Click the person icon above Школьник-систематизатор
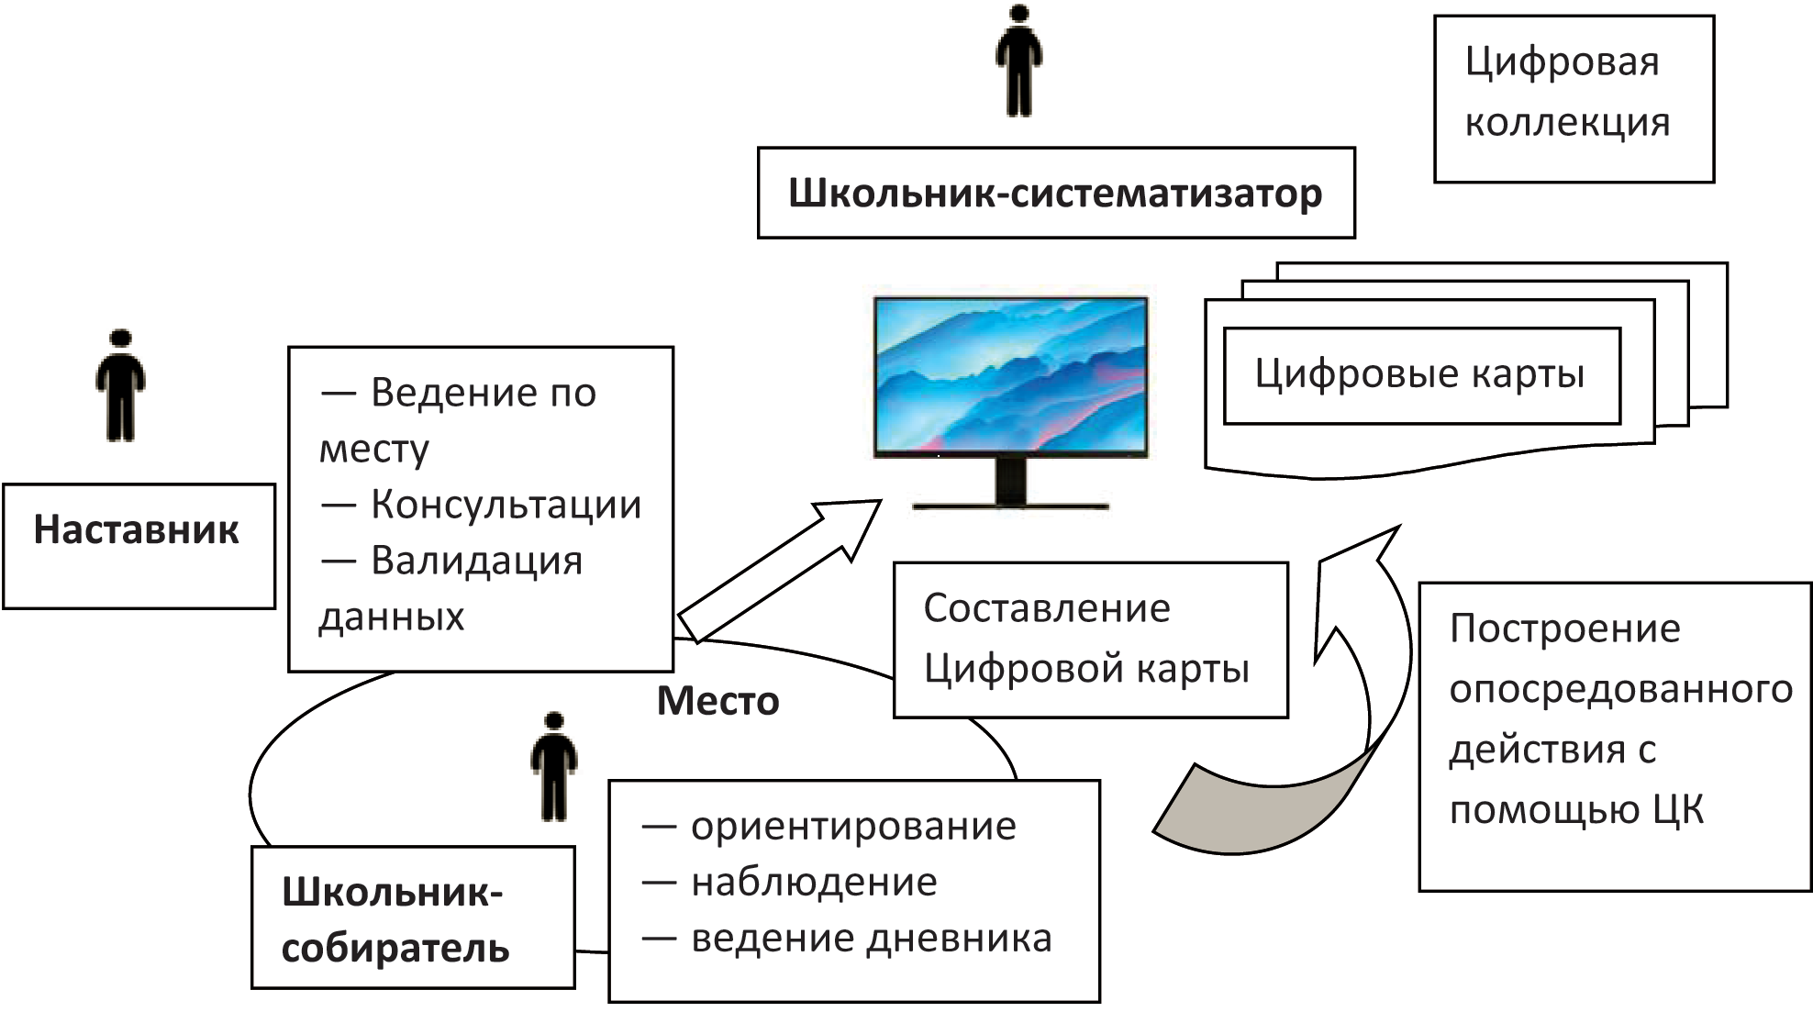click(1018, 62)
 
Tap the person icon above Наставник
click(120, 385)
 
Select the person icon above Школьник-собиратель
click(553, 766)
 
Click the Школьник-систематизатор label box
click(1055, 194)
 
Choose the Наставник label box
click(138, 546)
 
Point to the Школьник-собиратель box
click(412, 917)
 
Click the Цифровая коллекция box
click(1573, 98)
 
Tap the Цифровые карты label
click(1419, 374)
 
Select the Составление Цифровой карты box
click(1090, 639)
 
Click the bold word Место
click(717, 702)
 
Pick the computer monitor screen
click(1010, 374)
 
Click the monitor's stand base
click(1010, 504)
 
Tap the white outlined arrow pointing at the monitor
click(780, 569)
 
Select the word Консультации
click(506, 505)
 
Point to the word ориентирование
click(853, 827)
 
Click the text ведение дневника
click(871, 939)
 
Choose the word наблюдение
click(814, 883)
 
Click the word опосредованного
click(1620, 689)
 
